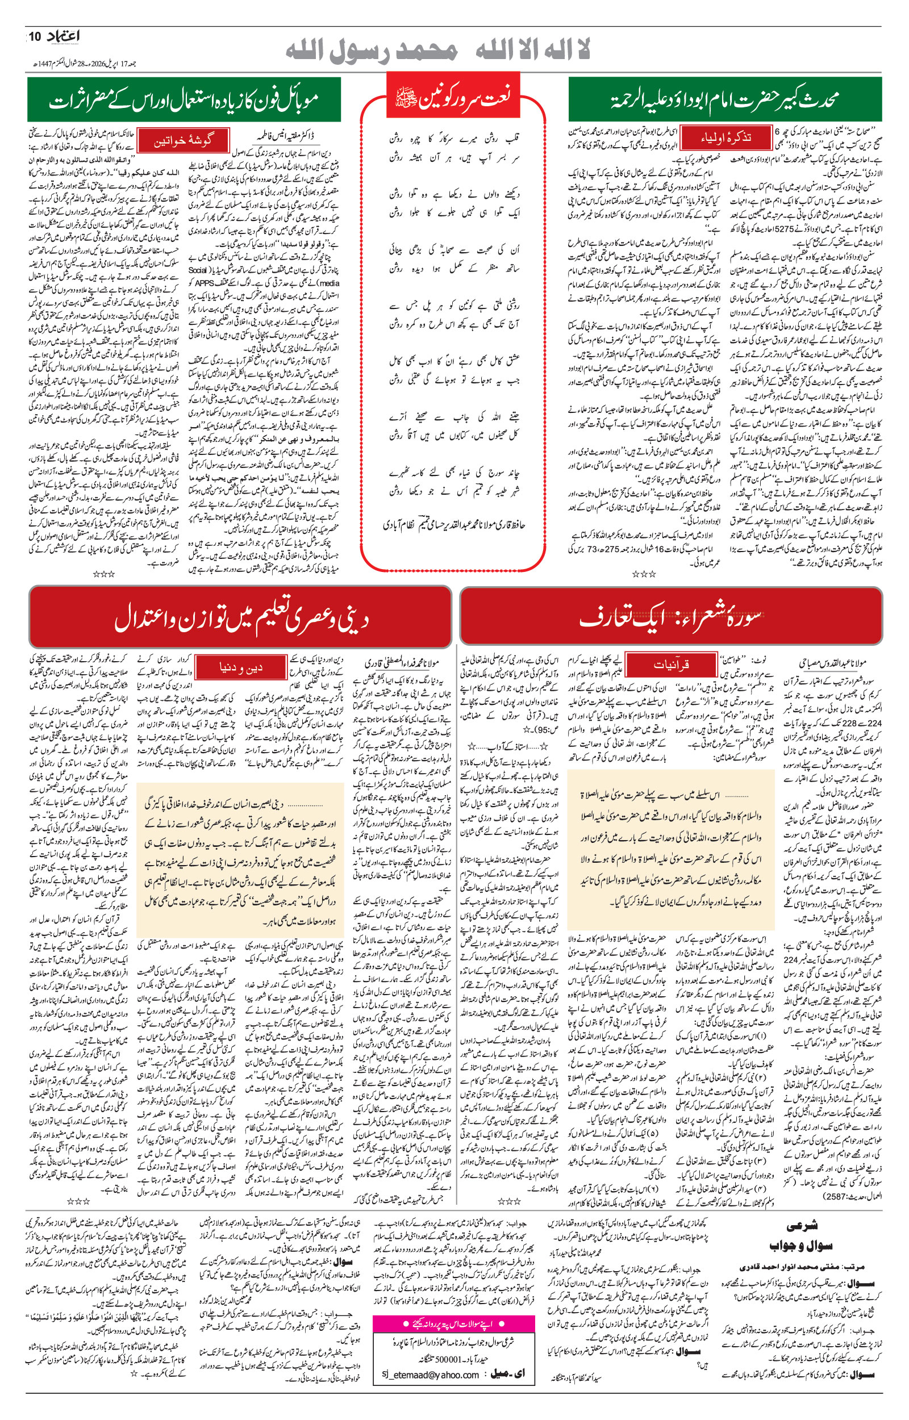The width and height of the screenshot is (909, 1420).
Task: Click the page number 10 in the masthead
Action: pyautogui.click(x=34, y=36)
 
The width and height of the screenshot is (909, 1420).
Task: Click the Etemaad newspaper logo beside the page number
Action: pyautogui.click(x=62, y=36)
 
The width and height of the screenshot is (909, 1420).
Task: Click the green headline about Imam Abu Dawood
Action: pyautogui.click(x=724, y=100)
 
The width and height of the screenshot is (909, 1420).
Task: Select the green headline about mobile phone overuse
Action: pyautogui.click(x=184, y=100)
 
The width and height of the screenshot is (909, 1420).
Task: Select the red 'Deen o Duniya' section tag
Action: pyautogui.click(x=241, y=667)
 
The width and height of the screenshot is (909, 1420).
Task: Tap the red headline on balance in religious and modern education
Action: pyautogui.click(x=241, y=617)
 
